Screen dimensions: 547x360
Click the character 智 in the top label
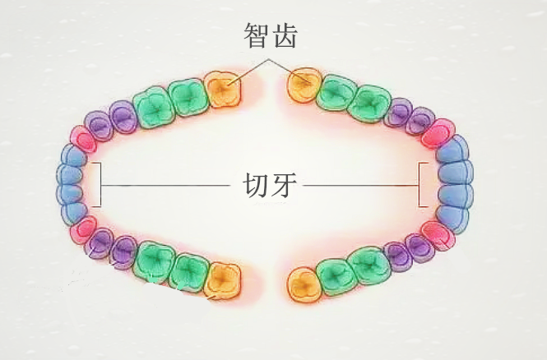point(257,35)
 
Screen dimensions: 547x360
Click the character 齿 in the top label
point(285,35)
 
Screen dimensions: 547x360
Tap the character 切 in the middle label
point(255,185)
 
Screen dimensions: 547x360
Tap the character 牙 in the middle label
point(284,185)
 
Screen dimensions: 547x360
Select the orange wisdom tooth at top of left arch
point(223,90)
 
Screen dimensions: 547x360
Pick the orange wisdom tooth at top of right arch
point(304,85)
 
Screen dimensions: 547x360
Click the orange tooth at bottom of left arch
point(223,281)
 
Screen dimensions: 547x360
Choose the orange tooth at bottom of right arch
point(304,284)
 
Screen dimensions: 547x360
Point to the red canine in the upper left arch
point(84,140)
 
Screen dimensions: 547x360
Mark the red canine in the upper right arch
point(438,133)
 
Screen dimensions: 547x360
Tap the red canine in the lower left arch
point(84,229)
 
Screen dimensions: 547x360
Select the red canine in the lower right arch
point(438,236)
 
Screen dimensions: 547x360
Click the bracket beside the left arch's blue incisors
point(101,185)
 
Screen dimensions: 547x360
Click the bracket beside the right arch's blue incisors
point(419,185)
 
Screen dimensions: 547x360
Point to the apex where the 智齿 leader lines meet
point(268,59)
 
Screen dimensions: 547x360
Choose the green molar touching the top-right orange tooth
point(336,93)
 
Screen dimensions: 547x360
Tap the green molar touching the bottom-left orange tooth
point(188,273)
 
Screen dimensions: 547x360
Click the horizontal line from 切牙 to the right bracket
point(361,185)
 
